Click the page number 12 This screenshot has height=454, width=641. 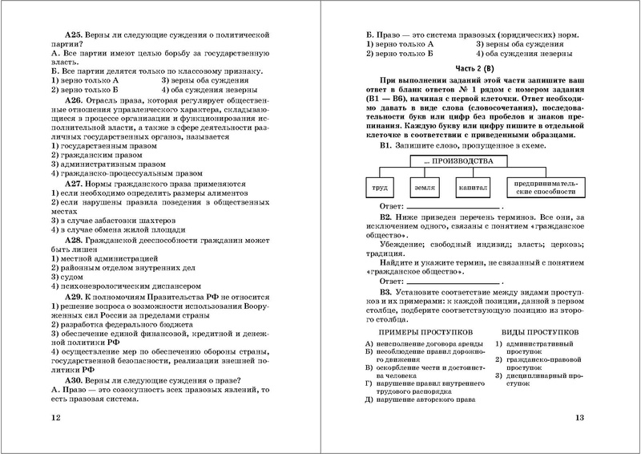pyautogui.click(x=54, y=418)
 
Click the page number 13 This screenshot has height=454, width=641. pyautogui.click(x=581, y=418)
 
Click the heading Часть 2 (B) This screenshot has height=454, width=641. pyautogui.click(x=469, y=67)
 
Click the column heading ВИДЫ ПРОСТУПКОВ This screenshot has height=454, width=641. pyautogui.click(x=541, y=330)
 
